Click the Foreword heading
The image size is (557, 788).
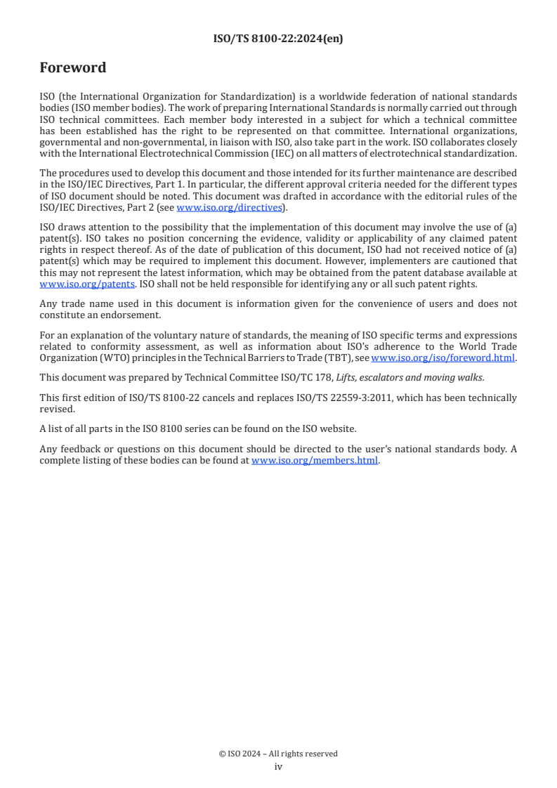click(73, 68)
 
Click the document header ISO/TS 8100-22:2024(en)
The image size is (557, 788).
click(278, 39)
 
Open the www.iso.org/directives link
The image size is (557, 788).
click(229, 207)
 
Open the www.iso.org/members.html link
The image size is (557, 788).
click(315, 461)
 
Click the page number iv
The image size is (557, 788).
click(278, 766)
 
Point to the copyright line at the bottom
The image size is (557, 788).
click(278, 754)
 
